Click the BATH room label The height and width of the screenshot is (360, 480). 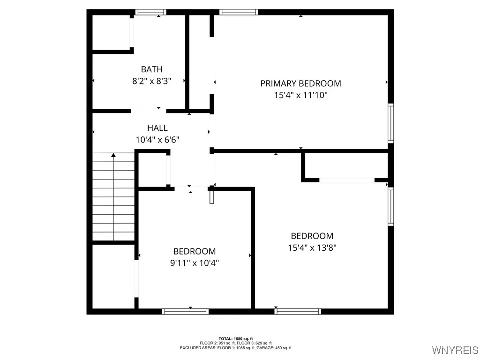click(x=151, y=69)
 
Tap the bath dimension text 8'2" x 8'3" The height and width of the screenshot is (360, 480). click(x=151, y=81)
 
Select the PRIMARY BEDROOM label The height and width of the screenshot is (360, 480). click(x=300, y=83)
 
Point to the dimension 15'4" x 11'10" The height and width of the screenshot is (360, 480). click(x=300, y=95)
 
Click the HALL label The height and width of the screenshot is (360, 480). click(x=157, y=128)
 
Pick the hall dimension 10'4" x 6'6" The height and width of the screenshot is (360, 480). click(x=157, y=139)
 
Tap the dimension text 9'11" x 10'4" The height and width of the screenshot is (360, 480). click(x=194, y=263)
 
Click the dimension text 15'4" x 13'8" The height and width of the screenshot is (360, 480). click(x=312, y=247)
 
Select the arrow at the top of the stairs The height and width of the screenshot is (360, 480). click(x=113, y=155)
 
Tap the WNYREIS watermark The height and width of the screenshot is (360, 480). click(x=455, y=350)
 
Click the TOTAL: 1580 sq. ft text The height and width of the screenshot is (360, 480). click(x=235, y=338)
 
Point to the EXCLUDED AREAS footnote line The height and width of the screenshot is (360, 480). click(x=235, y=348)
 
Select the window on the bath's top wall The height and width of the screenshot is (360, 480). click(x=150, y=12)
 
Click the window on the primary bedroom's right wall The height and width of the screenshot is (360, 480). click(x=390, y=122)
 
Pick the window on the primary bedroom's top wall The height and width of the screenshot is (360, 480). click(x=239, y=12)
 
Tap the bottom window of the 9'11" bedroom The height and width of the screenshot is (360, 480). click(x=185, y=311)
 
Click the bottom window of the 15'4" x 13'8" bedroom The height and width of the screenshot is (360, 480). click(x=298, y=311)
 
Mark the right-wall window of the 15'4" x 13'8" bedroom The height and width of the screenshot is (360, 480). click(x=390, y=206)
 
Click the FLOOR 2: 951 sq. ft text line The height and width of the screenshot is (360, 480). click(x=235, y=343)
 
